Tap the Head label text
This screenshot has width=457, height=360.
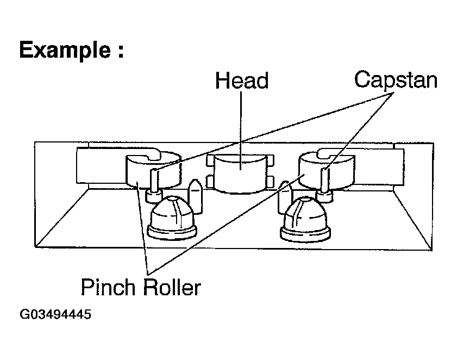(x=242, y=80)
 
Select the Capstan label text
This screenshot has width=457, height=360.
(x=396, y=80)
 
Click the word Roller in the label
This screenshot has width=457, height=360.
(x=172, y=287)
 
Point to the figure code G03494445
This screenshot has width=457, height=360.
(x=55, y=315)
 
